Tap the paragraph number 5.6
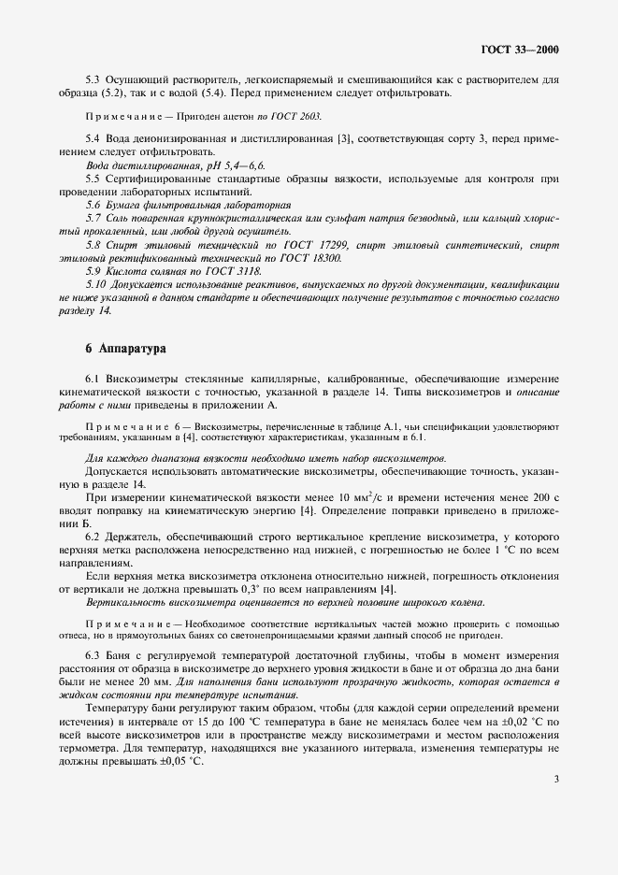click(x=93, y=203)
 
